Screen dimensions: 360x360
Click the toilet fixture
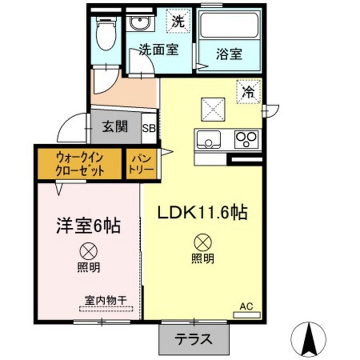tap(106, 34)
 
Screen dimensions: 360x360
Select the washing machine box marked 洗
tap(178, 21)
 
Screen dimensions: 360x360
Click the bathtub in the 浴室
tap(229, 25)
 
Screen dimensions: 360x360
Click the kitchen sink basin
tap(208, 139)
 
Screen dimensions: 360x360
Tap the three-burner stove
tap(246, 139)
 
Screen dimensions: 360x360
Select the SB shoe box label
tap(149, 129)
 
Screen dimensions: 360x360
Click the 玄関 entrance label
tap(115, 127)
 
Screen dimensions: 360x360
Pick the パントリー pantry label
tap(141, 164)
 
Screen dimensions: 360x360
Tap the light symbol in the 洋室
tap(89, 251)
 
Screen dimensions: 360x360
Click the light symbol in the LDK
tap(203, 243)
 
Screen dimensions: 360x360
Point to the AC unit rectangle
tap(247, 314)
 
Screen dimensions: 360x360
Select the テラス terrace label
tap(193, 339)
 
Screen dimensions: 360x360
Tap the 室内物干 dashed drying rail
tap(106, 309)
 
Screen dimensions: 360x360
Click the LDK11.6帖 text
tap(202, 212)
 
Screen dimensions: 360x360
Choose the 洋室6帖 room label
tap(88, 225)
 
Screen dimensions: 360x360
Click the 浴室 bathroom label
tap(229, 54)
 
